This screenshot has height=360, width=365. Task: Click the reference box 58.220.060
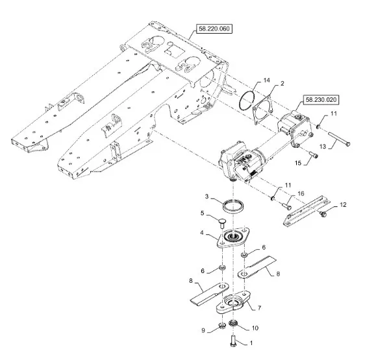(x=214, y=29)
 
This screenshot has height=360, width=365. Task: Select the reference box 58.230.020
(x=321, y=100)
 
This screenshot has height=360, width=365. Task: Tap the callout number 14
(x=266, y=80)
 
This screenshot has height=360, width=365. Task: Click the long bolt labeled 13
(x=339, y=139)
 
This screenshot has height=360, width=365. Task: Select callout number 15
(x=298, y=163)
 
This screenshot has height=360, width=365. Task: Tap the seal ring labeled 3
(x=233, y=205)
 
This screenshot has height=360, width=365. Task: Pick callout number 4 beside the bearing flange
(x=202, y=233)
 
